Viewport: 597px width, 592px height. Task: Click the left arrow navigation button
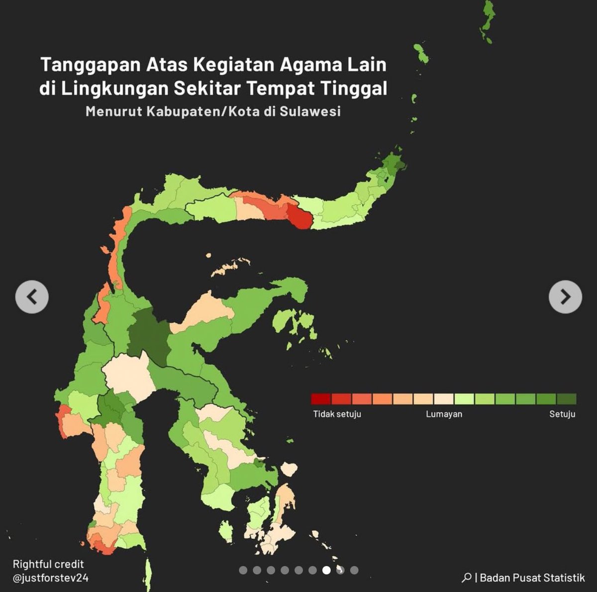[x=32, y=297]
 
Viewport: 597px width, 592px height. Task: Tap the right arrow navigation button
[x=565, y=297]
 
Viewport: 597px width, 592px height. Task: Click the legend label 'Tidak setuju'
[x=337, y=414]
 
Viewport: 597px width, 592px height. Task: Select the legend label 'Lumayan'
[x=444, y=414]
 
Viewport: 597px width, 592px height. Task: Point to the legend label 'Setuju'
[x=562, y=414]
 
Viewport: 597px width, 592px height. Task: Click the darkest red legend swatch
[x=321, y=399]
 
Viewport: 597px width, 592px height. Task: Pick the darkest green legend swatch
[x=567, y=399]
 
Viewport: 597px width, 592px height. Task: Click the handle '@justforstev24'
[x=51, y=578]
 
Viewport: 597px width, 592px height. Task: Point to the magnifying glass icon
[x=466, y=578]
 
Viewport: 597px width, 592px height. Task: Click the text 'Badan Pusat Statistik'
[x=532, y=578]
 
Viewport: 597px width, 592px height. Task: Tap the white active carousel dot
[x=326, y=570]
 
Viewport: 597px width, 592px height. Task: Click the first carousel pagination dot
[x=243, y=570]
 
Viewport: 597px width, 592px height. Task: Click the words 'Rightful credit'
[x=48, y=564]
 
